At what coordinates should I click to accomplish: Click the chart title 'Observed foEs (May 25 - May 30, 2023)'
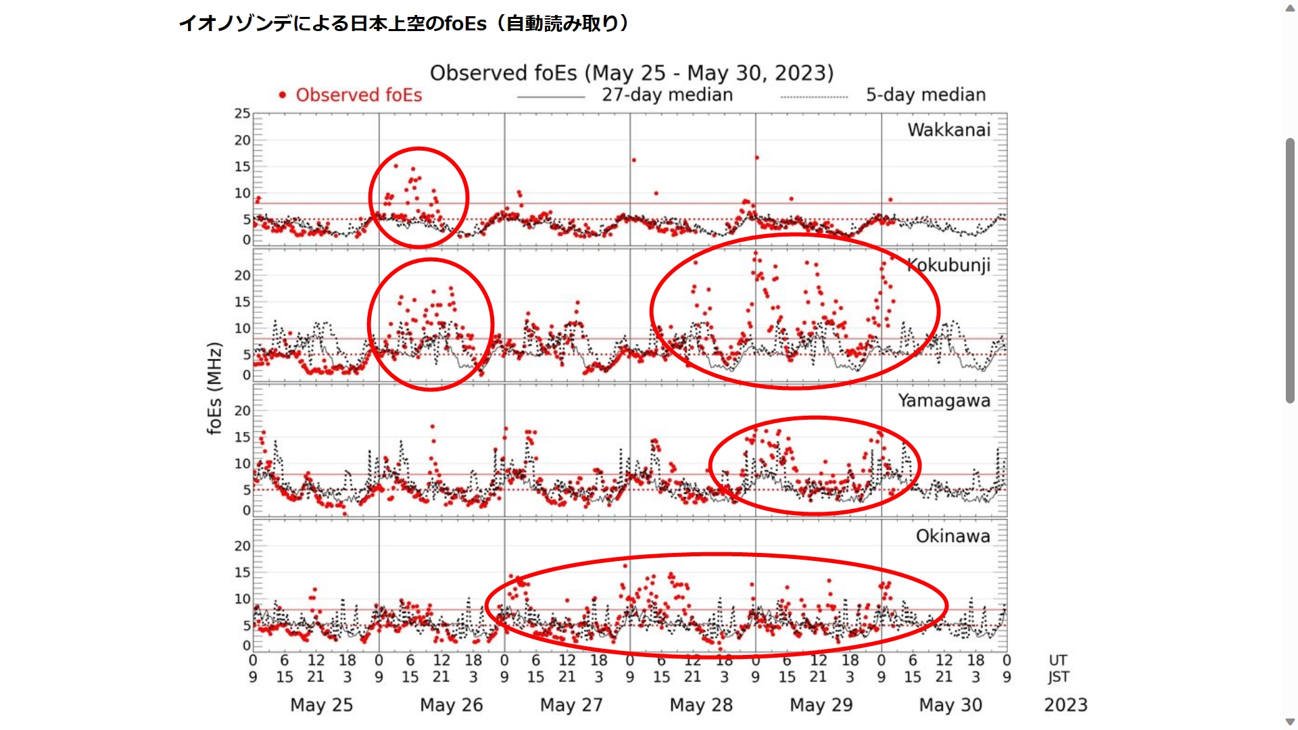(631, 73)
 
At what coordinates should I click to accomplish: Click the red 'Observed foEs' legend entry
(358, 95)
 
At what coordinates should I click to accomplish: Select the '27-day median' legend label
(667, 95)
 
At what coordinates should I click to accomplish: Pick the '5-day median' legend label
(926, 95)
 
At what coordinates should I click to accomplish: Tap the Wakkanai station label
(948, 130)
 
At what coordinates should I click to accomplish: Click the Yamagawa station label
(944, 401)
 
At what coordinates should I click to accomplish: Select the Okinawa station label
(953, 536)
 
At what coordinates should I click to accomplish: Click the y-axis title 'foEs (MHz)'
(214, 388)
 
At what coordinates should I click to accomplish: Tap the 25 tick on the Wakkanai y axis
(242, 114)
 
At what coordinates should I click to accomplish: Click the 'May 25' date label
(321, 705)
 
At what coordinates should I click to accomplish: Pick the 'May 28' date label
(701, 705)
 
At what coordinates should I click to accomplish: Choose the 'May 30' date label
(950, 705)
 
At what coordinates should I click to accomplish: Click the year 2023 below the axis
(1065, 705)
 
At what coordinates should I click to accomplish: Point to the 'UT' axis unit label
(1058, 660)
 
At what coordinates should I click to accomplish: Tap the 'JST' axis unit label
(1059, 677)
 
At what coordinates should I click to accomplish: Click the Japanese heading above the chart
(404, 24)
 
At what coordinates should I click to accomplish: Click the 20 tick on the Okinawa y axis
(242, 546)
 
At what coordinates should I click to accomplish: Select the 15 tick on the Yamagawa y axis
(242, 437)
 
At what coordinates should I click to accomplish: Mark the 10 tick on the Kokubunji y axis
(242, 328)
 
